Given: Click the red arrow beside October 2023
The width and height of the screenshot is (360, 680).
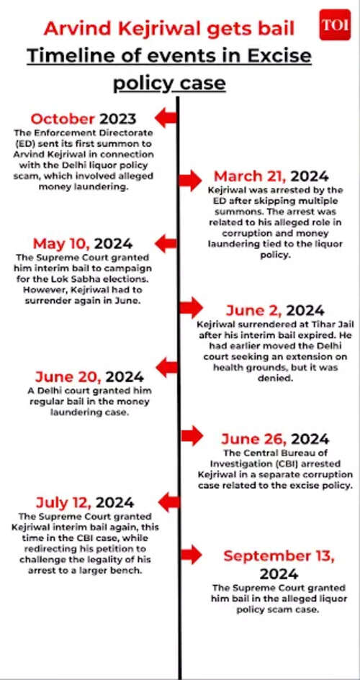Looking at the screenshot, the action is tap(166, 118).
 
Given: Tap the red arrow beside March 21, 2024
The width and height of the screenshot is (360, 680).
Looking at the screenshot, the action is tap(191, 177).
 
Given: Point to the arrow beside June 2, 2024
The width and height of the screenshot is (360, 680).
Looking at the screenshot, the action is tap(191, 307).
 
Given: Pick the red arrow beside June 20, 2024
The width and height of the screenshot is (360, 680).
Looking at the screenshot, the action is tap(166, 368).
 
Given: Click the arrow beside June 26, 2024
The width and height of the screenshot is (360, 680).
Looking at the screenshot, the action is tap(191, 435).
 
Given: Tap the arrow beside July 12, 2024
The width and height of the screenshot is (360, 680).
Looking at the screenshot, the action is tap(166, 501).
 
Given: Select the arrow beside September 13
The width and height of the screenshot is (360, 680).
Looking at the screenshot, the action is tap(191, 553).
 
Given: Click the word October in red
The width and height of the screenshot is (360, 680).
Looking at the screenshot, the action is tap(63, 119).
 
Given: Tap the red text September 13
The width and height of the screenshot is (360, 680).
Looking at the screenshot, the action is tap(269, 556).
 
